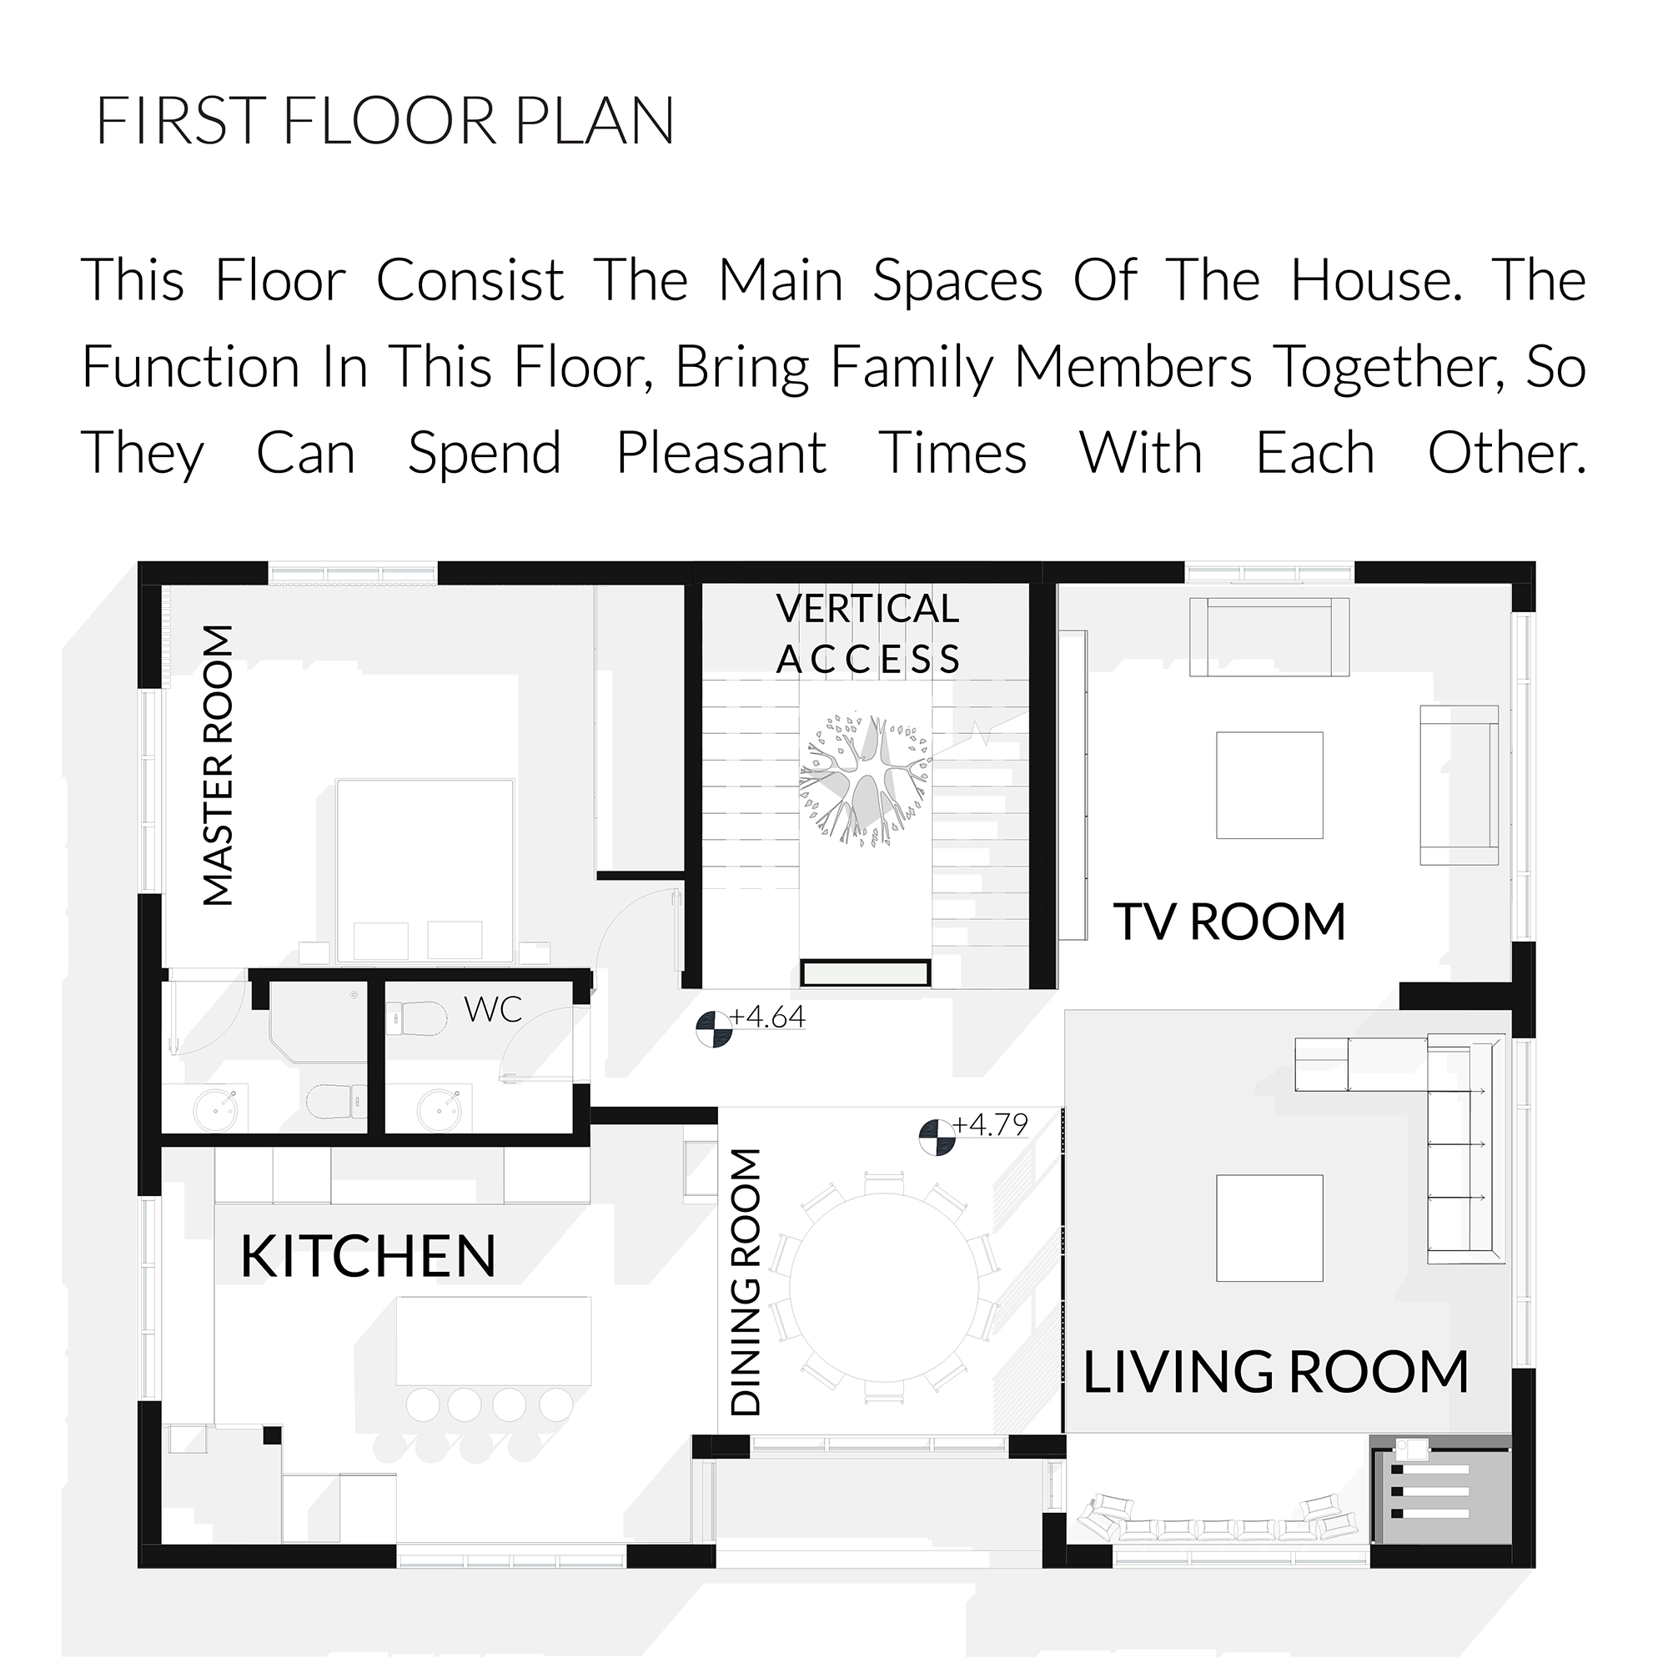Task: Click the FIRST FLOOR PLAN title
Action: tap(385, 121)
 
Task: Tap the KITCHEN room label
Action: tap(369, 1257)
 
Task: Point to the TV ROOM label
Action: tap(1229, 922)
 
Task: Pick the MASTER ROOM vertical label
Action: tap(218, 766)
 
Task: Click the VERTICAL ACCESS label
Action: tap(867, 634)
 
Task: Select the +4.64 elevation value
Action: tap(767, 1017)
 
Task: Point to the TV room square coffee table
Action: tap(1269, 785)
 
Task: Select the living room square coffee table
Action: tap(1269, 1228)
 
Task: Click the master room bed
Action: tap(425, 870)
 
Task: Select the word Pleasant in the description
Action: tap(721, 453)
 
